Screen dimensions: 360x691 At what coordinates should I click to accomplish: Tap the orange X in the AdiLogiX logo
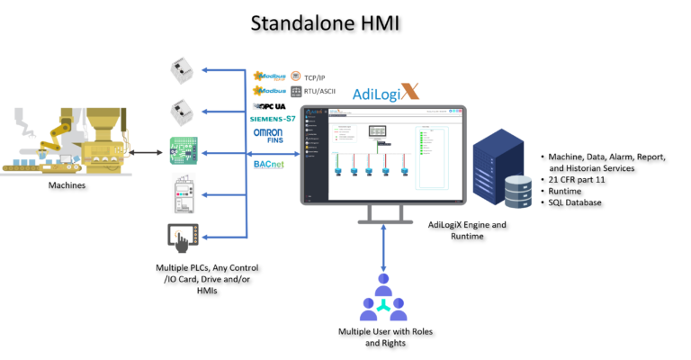coord(410,91)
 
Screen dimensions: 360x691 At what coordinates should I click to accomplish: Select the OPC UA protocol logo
coord(271,106)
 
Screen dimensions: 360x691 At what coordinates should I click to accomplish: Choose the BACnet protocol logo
coord(268,164)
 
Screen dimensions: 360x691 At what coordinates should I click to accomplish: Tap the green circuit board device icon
coord(184,150)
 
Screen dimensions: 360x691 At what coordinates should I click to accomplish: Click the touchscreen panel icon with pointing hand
coord(183,238)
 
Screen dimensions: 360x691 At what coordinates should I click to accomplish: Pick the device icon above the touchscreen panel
coord(184,193)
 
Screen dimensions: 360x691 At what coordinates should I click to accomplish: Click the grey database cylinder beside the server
coord(517,192)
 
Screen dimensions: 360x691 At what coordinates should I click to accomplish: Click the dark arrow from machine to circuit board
coord(146,153)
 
